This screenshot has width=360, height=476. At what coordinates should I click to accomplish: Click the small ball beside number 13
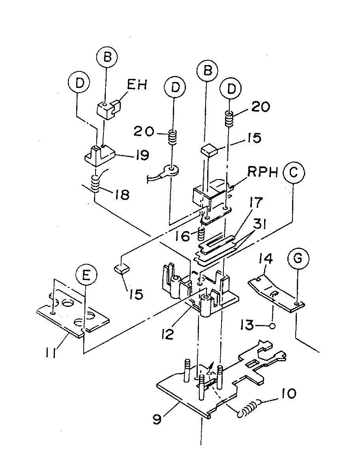tap(272, 326)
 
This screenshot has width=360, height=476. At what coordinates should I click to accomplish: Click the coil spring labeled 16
tap(201, 235)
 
